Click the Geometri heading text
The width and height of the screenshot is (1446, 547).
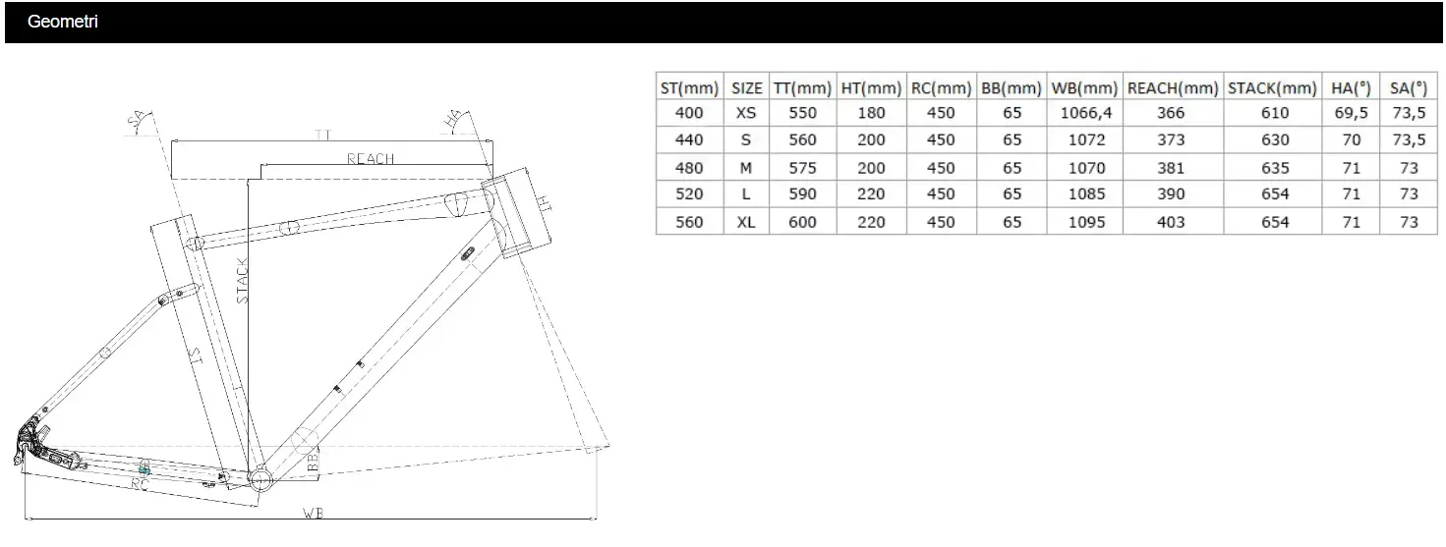pyautogui.click(x=63, y=22)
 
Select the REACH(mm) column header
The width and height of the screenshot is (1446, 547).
pyautogui.click(x=1173, y=88)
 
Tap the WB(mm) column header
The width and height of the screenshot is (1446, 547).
pyautogui.click(x=1084, y=88)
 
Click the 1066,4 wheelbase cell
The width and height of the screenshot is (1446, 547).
pyautogui.click(x=1086, y=113)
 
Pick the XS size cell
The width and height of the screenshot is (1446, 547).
pyautogui.click(x=745, y=113)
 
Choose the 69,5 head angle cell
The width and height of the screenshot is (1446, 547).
pyautogui.click(x=1351, y=113)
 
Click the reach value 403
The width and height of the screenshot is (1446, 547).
pyautogui.click(x=1171, y=222)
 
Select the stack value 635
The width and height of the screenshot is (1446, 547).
pyautogui.click(x=1275, y=168)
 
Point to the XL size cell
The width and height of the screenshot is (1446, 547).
pyautogui.click(x=745, y=222)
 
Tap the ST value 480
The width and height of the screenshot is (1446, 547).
pyautogui.click(x=689, y=168)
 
